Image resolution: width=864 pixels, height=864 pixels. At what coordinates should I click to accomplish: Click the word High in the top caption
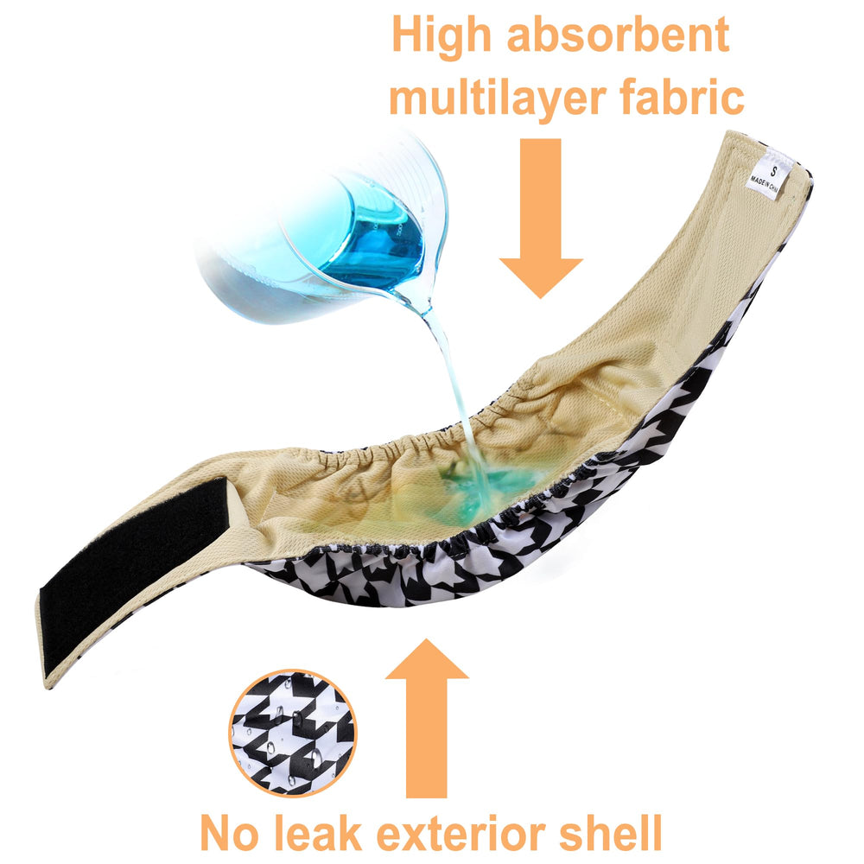pos(441,36)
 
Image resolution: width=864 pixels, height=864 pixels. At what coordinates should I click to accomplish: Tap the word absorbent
pos(619,35)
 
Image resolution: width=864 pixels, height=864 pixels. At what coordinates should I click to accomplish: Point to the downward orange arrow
pos(541,218)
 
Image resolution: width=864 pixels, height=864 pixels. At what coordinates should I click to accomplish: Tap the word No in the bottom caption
pos(229,833)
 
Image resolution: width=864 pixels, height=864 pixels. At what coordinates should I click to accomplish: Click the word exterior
pos(461,832)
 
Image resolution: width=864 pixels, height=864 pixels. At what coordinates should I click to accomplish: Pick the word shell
pos(611,831)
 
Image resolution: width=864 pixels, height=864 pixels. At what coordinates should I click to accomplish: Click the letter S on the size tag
pos(774,171)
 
